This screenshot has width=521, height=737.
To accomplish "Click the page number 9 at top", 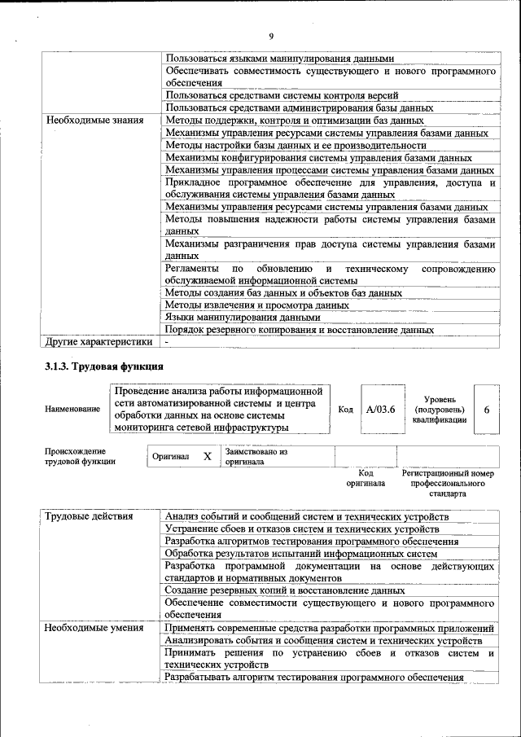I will (x=270, y=35).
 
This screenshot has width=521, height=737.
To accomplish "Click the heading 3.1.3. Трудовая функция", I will (x=104, y=366).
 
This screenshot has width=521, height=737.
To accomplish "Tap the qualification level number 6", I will (x=486, y=410).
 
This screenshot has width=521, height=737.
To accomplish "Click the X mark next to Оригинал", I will (x=207, y=457).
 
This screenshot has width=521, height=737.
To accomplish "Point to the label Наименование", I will (x=72, y=410).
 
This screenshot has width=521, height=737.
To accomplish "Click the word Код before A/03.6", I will (x=345, y=410).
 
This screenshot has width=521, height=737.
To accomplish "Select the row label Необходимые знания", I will (x=94, y=120).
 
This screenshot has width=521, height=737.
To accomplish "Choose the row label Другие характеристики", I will (x=99, y=341).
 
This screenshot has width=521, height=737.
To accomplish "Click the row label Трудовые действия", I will (x=92, y=516).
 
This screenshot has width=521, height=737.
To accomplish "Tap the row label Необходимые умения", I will (x=94, y=628).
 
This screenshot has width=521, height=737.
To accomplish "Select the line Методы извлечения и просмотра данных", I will (x=256, y=305).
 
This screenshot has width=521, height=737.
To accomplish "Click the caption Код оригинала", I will (x=366, y=478).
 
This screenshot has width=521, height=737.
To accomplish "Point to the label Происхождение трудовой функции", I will (x=80, y=456).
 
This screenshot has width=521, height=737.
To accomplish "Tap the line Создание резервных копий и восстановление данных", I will (x=284, y=590).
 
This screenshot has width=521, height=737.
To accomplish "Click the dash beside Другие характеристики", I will (x=166, y=342).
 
